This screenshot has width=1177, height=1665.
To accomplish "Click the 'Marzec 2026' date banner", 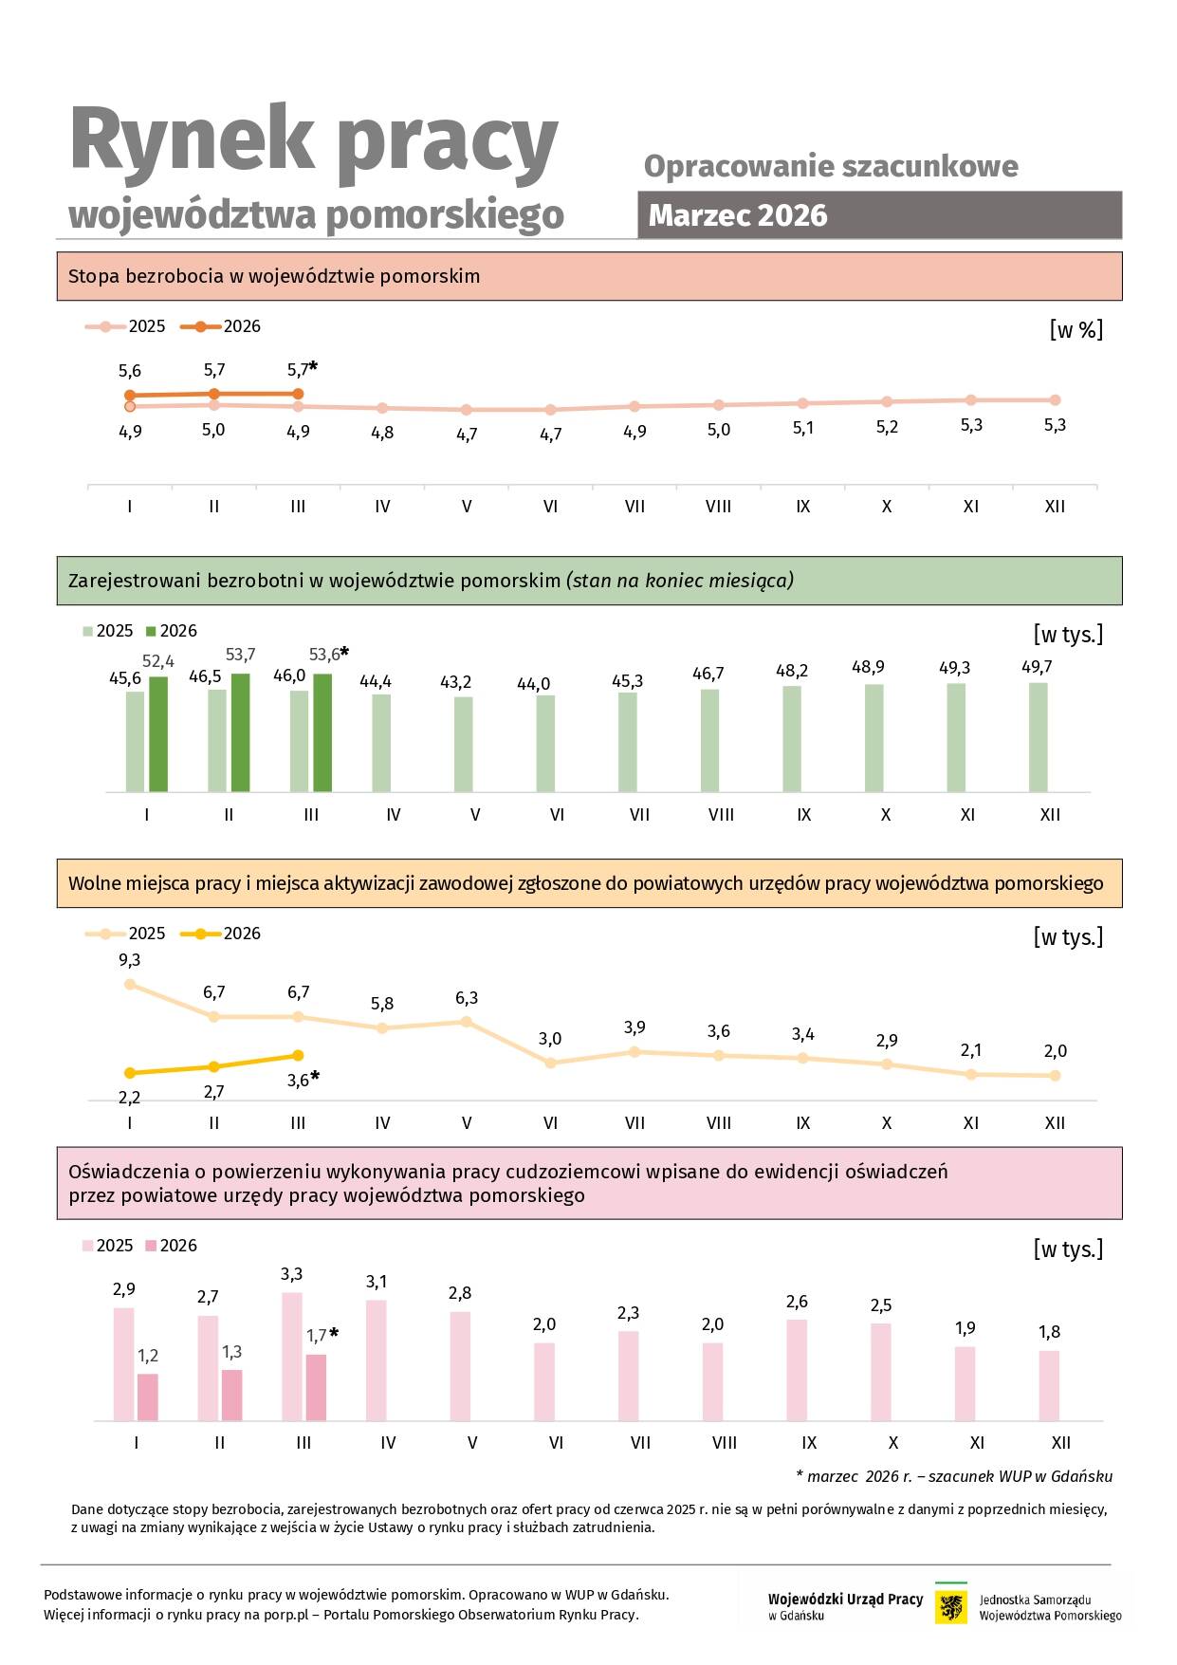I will [x=878, y=215].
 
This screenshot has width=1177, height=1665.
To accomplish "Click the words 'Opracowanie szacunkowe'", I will [x=831, y=166].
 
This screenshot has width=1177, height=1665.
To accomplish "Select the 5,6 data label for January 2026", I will [x=130, y=371].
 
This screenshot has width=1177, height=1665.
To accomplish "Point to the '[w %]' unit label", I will [x=1076, y=330].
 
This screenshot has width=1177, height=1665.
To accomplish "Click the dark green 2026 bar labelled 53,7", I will [x=241, y=731].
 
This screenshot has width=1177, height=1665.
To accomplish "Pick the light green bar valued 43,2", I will [x=464, y=744].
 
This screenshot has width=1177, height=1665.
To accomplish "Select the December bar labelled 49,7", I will [x=1039, y=737].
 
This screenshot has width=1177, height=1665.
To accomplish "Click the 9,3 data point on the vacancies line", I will [x=130, y=985].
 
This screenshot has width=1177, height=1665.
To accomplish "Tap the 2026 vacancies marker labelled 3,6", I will [x=298, y=1055].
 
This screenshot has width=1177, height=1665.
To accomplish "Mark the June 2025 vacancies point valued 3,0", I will [x=550, y=1063].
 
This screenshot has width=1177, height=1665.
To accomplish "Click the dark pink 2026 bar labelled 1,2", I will [x=148, y=1397].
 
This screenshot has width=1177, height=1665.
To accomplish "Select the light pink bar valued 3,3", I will [x=292, y=1356].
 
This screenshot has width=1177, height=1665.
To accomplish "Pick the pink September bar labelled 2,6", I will [x=797, y=1369].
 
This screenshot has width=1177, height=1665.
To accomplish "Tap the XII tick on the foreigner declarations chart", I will [x=1060, y=1442].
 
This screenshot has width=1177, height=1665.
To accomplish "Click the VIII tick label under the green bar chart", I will [x=721, y=815].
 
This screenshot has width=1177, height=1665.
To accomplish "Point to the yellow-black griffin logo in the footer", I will [x=951, y=1606].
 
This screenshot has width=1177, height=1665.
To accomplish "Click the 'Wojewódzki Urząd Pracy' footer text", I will [x=845, y=1600].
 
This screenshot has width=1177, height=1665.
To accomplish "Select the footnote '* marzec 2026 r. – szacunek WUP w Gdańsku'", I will [x=954, y=1476].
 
